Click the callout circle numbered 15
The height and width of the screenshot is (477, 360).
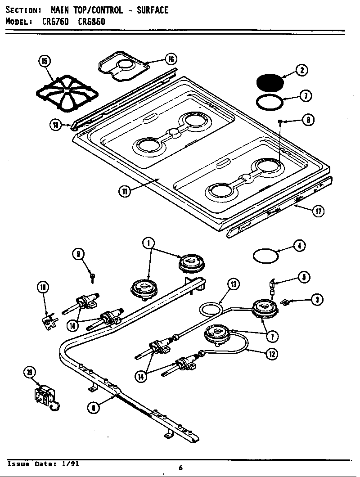pyautogui.click(x=45, y=62)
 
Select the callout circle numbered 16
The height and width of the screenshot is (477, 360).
pyautogui.click(x=170, y=59)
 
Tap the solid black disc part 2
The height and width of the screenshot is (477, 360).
pyautogui.click(x=270, y=83)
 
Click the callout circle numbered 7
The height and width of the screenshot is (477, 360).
pyautogui.click(x=306, y=96)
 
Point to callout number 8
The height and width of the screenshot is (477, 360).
pyautogui.click(x=308, y=120)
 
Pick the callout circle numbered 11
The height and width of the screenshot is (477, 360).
pyautogui.click(x=125, y=191)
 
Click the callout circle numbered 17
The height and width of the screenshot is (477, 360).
pyautogui.click(x=318, y=211)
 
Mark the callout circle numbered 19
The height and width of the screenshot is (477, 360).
pyautogui.click(x=30, y=372)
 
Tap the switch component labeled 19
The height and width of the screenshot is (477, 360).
pyautogui.click(x=45, y=396)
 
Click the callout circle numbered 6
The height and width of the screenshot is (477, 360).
pyautogui.click(x=93, y=407)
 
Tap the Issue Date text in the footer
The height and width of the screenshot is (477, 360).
pyautogui.click(x=44, y=464)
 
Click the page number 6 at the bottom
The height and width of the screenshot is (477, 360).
pyautogui.click(x=180, y=468)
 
